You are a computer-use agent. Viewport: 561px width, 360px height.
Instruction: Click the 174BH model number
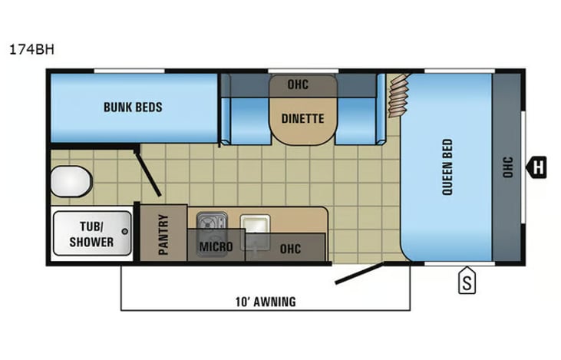coord(31,49)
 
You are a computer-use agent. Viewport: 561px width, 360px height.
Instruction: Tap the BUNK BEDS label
coord(133,107)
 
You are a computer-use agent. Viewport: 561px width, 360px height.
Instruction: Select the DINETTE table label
coord(302,118)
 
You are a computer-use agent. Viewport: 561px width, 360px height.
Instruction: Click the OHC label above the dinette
coord(298,84)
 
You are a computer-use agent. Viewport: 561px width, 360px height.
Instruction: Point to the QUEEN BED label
coord(447,167)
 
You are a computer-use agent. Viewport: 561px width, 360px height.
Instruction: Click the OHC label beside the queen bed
coord(508,167)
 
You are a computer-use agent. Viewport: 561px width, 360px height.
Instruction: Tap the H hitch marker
coord(536,167)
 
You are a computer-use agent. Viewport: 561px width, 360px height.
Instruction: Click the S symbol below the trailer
coord(467,280)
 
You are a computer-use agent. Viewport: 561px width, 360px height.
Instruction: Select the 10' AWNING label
coord(266,302)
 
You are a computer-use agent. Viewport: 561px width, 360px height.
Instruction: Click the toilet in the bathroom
coord(71,181)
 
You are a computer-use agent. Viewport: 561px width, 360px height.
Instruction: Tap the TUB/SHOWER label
coord(91,234)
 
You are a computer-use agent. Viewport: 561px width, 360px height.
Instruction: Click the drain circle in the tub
coord(125,231)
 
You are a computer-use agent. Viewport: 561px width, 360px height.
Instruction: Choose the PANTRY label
coord(163,234)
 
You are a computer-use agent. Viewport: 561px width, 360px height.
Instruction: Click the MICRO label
coord(216,246)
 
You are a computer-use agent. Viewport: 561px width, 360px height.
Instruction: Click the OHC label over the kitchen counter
coord(290,249)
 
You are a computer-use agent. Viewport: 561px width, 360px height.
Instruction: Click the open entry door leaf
coord(359,274)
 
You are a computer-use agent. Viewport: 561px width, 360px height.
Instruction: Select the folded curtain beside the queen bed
coord(398,95)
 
